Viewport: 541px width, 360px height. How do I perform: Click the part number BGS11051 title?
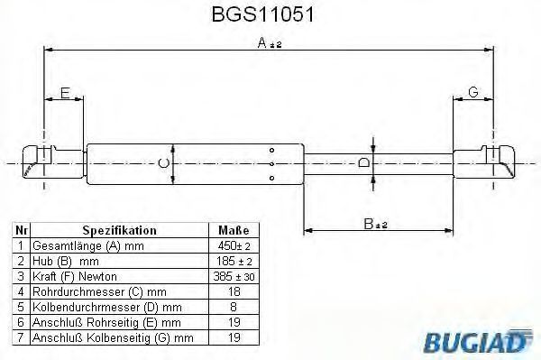coord(263,14)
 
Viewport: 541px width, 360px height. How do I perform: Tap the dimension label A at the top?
coord(270,43)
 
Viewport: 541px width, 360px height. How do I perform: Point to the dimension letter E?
coord(65,93)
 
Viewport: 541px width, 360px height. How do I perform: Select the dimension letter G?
coord(473,92)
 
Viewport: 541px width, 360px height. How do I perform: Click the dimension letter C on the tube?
coord(163,163)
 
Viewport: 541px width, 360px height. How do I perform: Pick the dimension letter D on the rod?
coord(363,162)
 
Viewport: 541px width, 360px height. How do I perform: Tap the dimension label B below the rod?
coord(375,224)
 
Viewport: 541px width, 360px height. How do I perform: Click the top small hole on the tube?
coord(272,150)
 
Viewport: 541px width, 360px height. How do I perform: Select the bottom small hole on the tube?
coord(272,178)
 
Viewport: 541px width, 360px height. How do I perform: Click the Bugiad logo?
coord(477,341)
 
